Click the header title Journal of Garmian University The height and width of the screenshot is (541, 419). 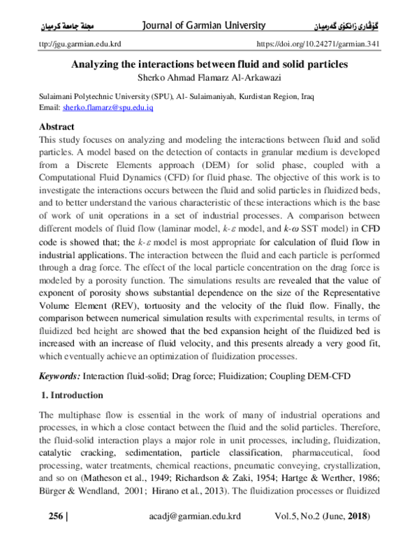click(x=203, y=26)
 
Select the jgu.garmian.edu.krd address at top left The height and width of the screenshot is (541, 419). click(x=78, y=43)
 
